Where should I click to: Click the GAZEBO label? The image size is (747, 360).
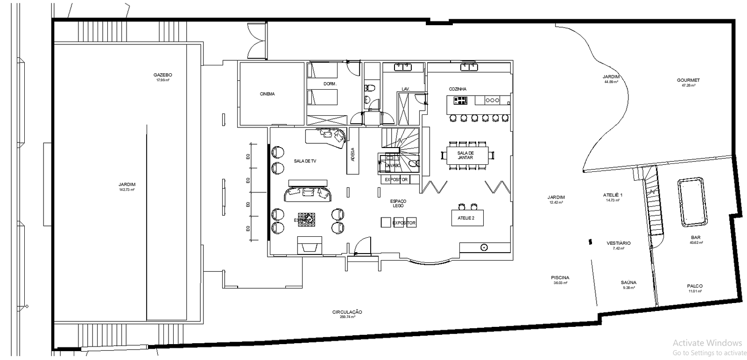[162, 75]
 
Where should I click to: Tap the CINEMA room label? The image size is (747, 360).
[267, 94]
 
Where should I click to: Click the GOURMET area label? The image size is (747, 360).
[688, 80]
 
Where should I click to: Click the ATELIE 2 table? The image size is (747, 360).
[466, 218]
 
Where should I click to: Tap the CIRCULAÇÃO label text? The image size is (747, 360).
[347, 312]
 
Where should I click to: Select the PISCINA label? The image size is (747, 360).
[560, 278]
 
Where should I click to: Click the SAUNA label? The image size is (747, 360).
[628, 282]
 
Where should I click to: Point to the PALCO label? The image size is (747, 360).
[695, 286]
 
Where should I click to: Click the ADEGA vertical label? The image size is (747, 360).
[352, 154]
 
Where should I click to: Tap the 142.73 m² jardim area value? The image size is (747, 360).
[127, 190]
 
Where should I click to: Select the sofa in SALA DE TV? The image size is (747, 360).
[308, 193]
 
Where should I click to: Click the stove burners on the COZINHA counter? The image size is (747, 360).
[460, 100]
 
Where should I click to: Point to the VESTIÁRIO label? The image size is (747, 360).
[619, 243]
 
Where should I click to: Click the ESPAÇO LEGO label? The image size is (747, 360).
[398, 203]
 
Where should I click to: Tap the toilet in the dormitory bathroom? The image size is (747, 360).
[369, 87]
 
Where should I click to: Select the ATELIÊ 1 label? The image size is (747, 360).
[613, 195]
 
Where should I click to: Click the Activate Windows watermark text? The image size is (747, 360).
[707, 343]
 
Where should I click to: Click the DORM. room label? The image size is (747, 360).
[330, 84]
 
